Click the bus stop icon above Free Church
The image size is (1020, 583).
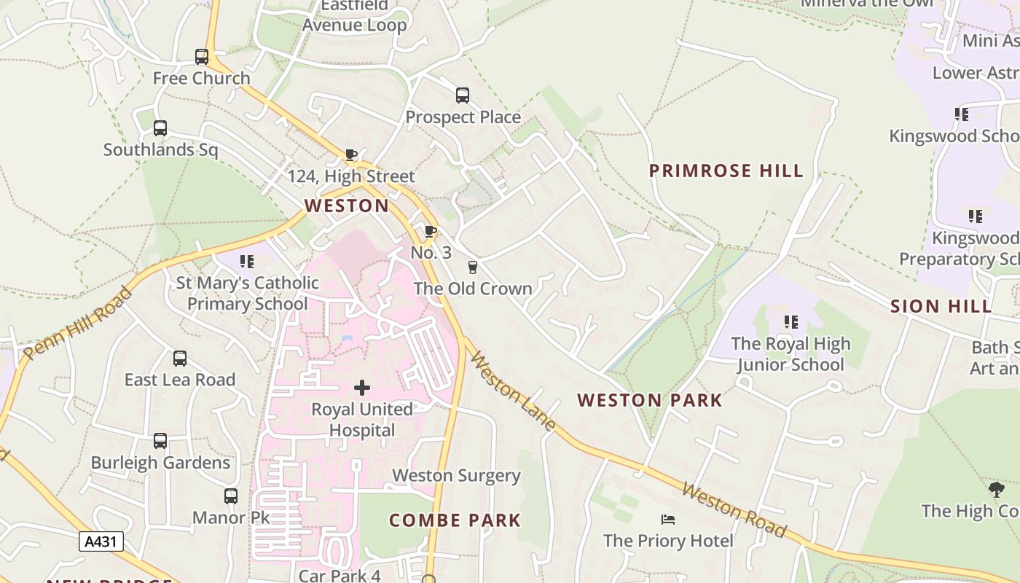click(x=202, y=56)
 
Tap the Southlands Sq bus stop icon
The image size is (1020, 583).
click(x=160, y=128)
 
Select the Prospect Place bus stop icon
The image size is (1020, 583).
click(x=463, y=95)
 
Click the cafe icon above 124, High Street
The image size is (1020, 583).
click(x=351, y=154)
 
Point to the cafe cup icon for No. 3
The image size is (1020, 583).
click(x=431, y=232)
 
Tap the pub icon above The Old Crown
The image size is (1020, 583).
click(x=473, y=267)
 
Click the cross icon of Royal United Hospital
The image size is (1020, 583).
click(x=362, y=388)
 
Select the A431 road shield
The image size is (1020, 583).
click(x=101, y=541)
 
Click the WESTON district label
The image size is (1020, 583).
click(x=347, y=206)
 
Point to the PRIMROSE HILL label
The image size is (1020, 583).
click(x=726, y=171)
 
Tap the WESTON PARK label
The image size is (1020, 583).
click(x=650, y=400)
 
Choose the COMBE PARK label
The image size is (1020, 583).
click(x=455, y=520)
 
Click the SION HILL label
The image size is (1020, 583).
click(x=941, y=307)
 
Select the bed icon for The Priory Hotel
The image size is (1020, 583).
click(x=668, y=520)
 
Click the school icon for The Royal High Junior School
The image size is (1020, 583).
click(x=791, y=321)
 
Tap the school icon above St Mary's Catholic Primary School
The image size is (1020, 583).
click(x=247, y=261)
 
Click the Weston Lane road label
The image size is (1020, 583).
click(x=513, y=391)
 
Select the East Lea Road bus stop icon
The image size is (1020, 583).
click(x=180, y=359)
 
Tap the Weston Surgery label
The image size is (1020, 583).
click(x=457, y=476)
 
